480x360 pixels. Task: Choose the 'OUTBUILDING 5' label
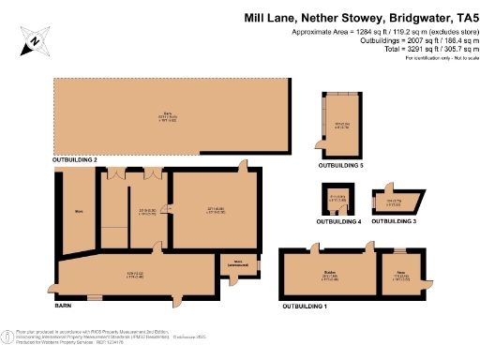341,165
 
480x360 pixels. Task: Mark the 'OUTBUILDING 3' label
393,222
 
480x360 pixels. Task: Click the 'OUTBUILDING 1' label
306,306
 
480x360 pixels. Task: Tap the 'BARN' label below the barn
64,307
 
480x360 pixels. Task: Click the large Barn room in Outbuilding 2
169,117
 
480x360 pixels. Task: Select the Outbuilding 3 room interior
394,201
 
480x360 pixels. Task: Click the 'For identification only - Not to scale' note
442,58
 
